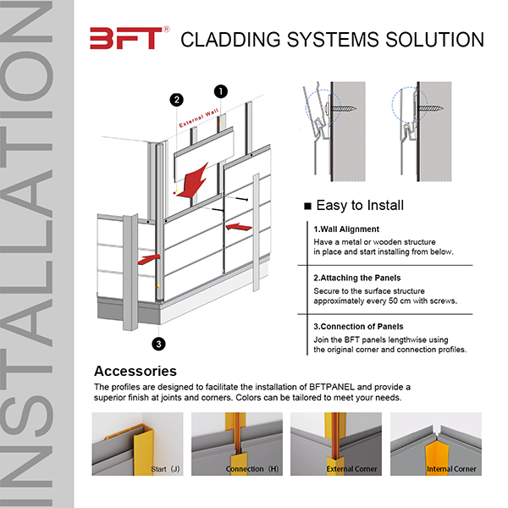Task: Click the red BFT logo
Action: click(124, 38)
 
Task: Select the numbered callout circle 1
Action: click(221, 90)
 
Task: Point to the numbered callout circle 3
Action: click(157, 343)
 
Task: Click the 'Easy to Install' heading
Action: click(359, 205)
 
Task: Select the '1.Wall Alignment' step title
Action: click(346, 229)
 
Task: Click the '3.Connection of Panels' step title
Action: click(358, 327)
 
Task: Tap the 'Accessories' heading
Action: click(135, 371)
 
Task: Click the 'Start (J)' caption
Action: click(163, 468)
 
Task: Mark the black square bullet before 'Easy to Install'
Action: click(307, 206)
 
